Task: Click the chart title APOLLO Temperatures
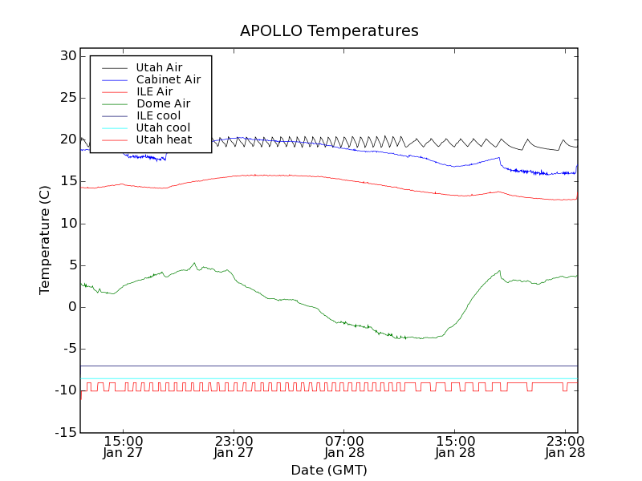click(329, 31)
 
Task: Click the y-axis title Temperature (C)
click(45, 240)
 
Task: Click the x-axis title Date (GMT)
click(329, 470)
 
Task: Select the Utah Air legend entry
click(159, 67)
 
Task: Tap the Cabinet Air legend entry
click(168, 79)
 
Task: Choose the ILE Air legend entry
click(154, 91)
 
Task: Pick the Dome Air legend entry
click(163, 103)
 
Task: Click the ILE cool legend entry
click(158, 115)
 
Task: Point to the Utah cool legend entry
click(163, 127)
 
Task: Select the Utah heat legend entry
click(164, 139)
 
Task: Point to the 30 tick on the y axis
click(67, 56)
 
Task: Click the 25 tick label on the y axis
click(67, 98)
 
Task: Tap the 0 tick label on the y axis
click(71, 307)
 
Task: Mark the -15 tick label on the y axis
click(64, 432)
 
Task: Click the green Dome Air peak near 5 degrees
click(194, 263)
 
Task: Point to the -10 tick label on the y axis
click(64, 390)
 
